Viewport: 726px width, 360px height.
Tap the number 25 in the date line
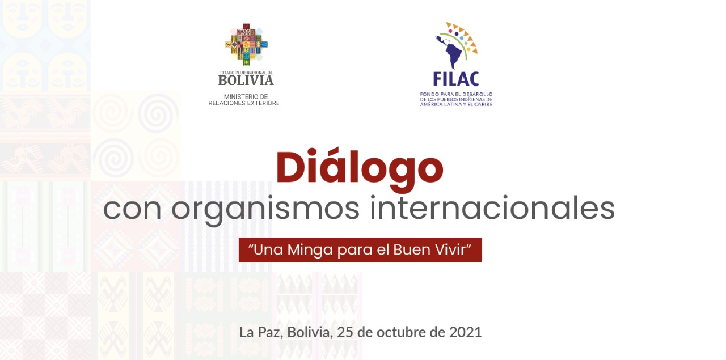click(x=344, y=332)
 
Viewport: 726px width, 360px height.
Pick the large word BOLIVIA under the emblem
click(x=246, y=81)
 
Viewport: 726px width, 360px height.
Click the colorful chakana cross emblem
click(x=246, y=44)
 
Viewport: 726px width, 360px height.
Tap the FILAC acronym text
click(x=456, y=79)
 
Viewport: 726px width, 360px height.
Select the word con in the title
click(x=132, y=210)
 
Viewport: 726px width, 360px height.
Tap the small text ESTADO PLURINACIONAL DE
click(x=246, y=73)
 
